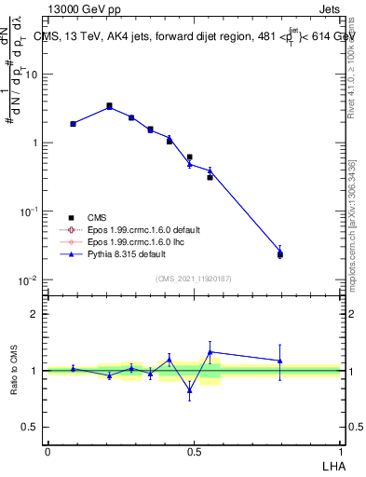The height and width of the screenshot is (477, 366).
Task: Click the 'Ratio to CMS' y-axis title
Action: coord(15,370)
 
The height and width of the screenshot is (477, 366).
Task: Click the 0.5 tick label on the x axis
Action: coord(194,450)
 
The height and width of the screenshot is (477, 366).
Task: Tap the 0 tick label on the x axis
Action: coord(47,450)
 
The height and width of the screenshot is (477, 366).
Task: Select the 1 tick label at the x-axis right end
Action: coord(340,450)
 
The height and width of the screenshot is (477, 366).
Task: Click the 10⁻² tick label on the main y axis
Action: coord(28,280)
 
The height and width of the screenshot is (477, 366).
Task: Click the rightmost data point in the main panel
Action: coord(279,252)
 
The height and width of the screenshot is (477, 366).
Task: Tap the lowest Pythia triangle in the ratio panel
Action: coord(190,390)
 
